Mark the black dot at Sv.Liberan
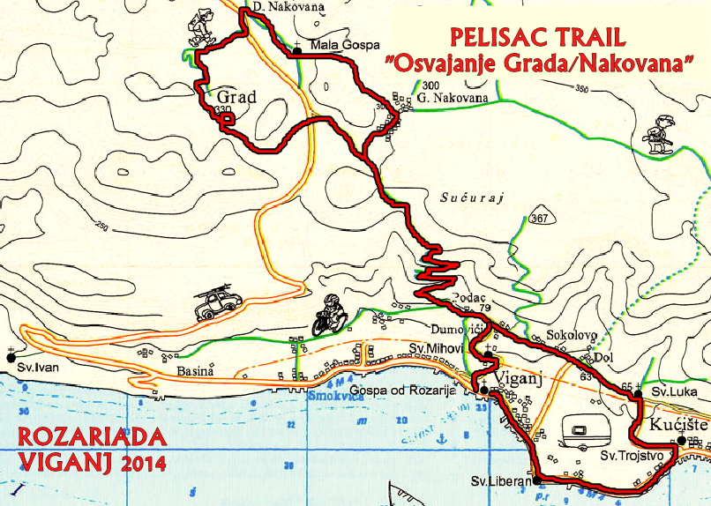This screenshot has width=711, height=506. tap(537, 481)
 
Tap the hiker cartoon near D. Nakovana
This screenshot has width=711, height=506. tap(202, 27)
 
